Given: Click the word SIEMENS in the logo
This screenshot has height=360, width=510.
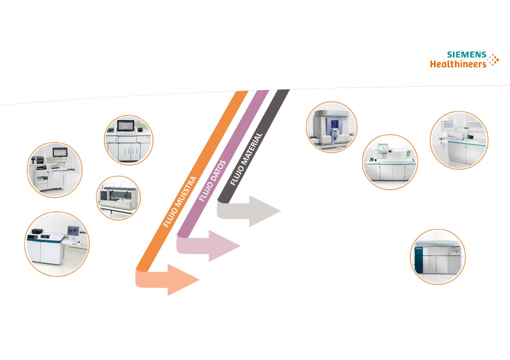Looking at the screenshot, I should (466, 55).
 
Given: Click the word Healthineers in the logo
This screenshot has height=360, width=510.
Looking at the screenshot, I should (458, 64).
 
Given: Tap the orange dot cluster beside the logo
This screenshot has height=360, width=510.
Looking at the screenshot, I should (493, 60).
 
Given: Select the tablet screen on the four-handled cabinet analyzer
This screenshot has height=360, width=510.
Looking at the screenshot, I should (126, 126).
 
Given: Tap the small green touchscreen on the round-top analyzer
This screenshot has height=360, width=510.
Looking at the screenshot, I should (383, 148).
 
